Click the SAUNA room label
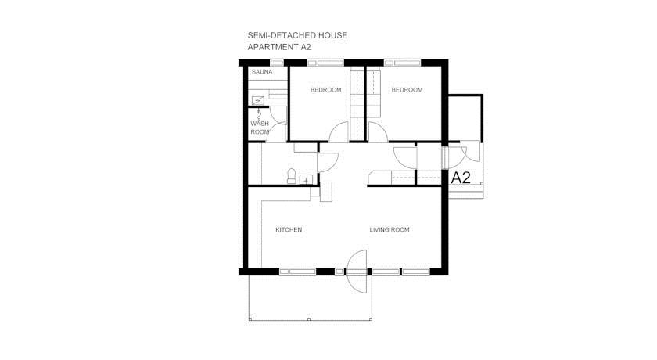pyautogui.click(x=262, y=72)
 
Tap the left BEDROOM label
pyautogui.click(x=326, y=90)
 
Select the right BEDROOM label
pyautogui.click(x=407, y=90)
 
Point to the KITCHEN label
pyautogui.click(x=289, y=229)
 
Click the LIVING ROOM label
pyautogui.click(x=390, y=229)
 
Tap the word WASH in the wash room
pyautogui.click(x=260, y=124)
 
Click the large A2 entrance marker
pyautogui.click(x=461, y=178)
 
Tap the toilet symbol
pyautogui.click(x=292, y=176)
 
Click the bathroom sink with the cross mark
pyautogui.click(x=307, y=180)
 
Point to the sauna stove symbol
pyautogui.click(x=257, y=101)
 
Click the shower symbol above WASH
pyautogui.click(x=259, y=113)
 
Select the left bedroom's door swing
pyautogui.click(x=339, y=131)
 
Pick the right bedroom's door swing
pyautogui.click(x=378, y=131)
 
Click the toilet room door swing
pyautogui.click(x=328, y=163)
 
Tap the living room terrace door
pyautogui.click(x=357, y=271)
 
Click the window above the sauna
pyautogui.click(x=277, y=63)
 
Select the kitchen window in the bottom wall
pyautogui.click(x=297, y=272)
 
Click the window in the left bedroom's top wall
pyautogui.click(x=325, y=63)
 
